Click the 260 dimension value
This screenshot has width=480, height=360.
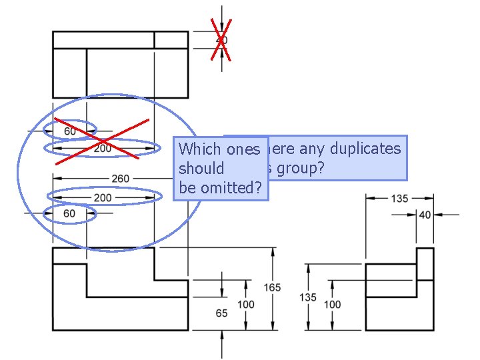121,179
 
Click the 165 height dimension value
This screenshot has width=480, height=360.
272,287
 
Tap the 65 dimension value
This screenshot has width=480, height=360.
221,313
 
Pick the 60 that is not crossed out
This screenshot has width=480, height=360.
69,213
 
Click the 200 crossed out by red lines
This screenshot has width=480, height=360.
102,149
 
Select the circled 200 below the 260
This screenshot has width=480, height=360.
103,197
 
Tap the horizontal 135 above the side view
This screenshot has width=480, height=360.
399,198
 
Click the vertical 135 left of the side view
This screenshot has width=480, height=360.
307,297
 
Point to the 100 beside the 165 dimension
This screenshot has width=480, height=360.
246,305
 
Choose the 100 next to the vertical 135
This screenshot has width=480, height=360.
332,305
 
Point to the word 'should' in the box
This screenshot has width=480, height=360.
201,169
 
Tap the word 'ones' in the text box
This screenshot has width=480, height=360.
243,149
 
